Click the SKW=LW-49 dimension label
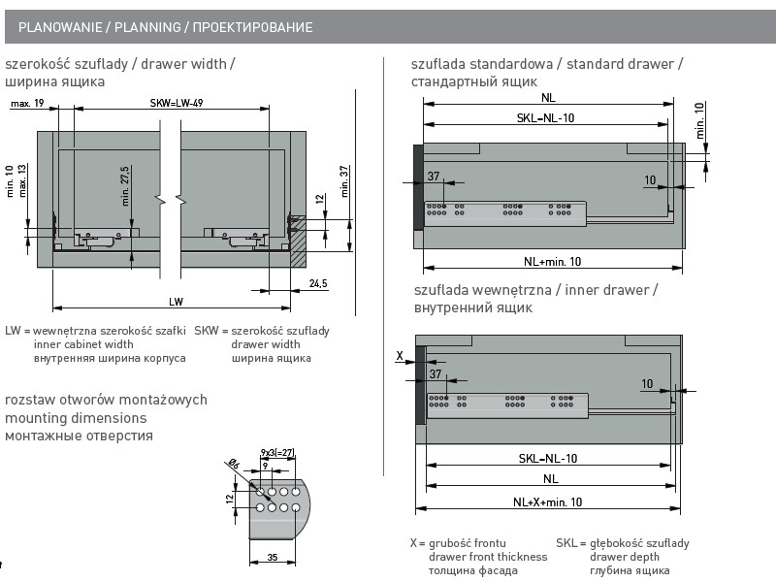pos(176,102)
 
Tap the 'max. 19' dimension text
pos(28,102)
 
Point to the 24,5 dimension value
pos(318,283)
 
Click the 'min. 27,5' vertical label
pos(126,184)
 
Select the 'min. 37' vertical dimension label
pos(344,181)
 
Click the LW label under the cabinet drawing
pos(176,302)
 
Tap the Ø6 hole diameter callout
pos(234,467)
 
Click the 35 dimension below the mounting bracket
pos(273,558)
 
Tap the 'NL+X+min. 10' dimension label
pos(548,501)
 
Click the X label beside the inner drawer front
pos(399,356)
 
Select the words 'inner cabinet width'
pos(83,344)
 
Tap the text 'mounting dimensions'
pos(76,418)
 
